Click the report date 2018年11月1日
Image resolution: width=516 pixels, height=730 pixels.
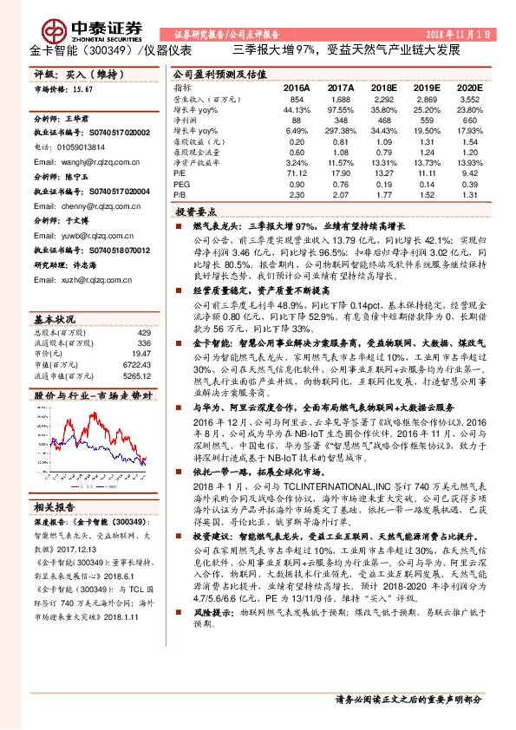tap(465, 33)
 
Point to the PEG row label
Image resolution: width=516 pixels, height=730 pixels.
tap(180, 185)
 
